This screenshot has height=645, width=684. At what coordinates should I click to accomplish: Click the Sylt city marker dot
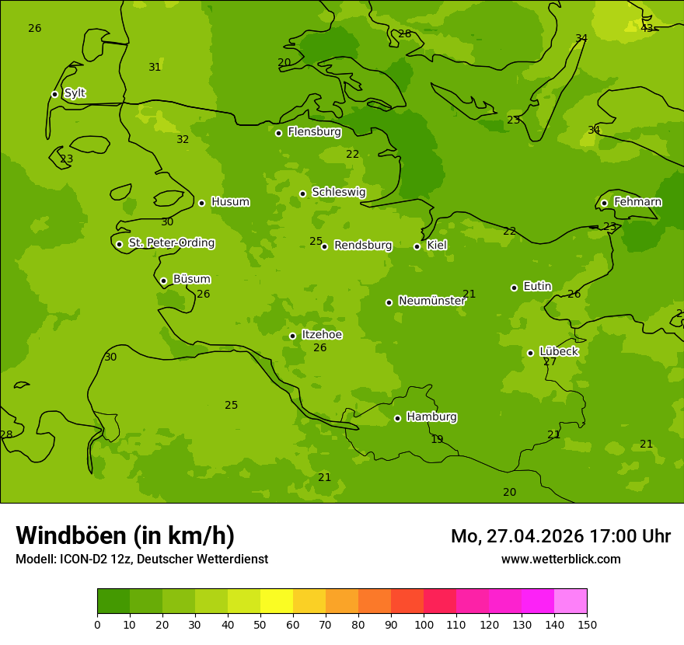[54, 94]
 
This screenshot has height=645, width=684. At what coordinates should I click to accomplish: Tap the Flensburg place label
[314, 132]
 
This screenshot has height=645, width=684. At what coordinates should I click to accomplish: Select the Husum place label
[230, 202]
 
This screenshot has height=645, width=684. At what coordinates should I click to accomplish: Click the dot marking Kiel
[417, 246]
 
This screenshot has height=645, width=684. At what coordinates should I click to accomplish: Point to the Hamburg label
[431, 417]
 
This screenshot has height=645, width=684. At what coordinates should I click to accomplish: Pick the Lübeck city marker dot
[530, 353]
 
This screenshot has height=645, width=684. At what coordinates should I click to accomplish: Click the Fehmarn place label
[637, 202]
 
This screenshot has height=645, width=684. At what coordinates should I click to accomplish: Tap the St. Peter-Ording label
[171, 243]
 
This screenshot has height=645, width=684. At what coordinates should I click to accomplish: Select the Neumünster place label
[431, 301]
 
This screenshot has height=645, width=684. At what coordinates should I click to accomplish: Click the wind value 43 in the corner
[647, 28]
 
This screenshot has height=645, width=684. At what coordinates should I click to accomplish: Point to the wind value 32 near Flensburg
[183, 140]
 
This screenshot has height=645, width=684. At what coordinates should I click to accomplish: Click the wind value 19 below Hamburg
[437, 440]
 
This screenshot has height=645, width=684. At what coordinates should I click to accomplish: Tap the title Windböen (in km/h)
[125, 535]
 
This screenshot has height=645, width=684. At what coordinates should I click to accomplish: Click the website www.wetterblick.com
[560, 560]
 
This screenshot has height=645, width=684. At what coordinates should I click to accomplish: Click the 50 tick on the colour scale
[260, 624]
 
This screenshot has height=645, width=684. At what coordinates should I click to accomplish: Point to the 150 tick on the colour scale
[587, 624]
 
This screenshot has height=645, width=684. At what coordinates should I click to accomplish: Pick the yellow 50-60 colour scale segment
[277, 601]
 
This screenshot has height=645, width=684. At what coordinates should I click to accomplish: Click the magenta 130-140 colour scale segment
[538, 601]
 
